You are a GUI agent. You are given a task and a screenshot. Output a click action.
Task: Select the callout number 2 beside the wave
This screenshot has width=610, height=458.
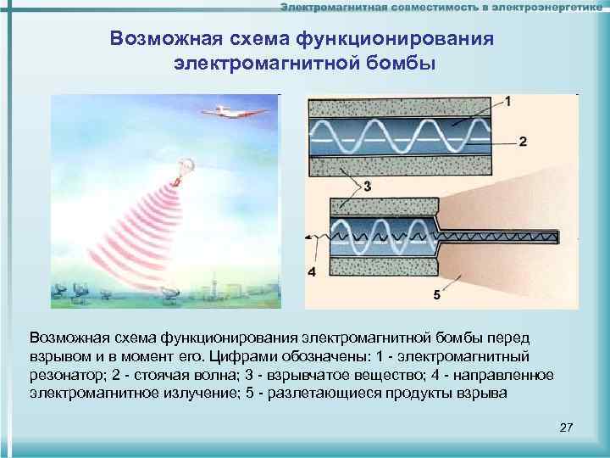(523, 141)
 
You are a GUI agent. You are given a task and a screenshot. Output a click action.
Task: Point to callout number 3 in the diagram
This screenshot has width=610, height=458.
(367, 186)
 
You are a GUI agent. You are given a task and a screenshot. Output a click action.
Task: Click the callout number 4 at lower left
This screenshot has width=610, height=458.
(312, 272)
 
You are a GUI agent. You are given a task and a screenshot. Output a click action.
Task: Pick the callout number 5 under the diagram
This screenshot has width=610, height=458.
(436, 294)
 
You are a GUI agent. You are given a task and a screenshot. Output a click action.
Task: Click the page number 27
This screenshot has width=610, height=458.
(567, 427)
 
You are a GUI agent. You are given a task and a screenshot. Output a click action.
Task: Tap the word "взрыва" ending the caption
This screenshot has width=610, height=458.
(481, 394)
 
